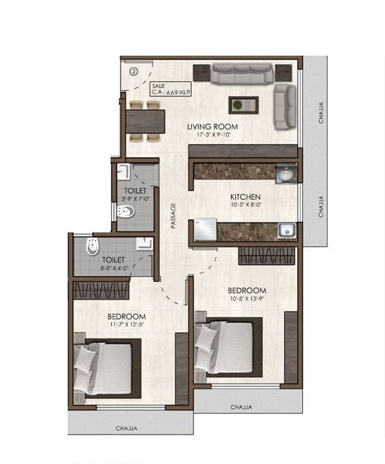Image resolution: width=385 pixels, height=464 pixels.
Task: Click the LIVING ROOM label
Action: [211, 126]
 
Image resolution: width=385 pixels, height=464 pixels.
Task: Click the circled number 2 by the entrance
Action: [133, 71]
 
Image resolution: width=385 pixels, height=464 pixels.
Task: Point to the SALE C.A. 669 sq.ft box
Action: [171, 89]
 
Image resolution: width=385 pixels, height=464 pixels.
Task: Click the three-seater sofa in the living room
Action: [241, 74]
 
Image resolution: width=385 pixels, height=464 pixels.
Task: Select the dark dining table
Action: [144, 121]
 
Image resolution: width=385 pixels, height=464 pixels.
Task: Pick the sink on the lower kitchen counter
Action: [283, 231]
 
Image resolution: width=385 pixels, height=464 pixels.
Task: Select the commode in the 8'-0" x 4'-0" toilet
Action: [92, 247]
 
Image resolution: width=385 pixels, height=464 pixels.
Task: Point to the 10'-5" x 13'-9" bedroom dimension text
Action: [247, 299]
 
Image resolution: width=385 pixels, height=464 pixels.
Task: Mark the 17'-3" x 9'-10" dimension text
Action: [211, 135]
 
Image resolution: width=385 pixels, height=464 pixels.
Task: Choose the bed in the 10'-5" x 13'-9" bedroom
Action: [226, 347]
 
